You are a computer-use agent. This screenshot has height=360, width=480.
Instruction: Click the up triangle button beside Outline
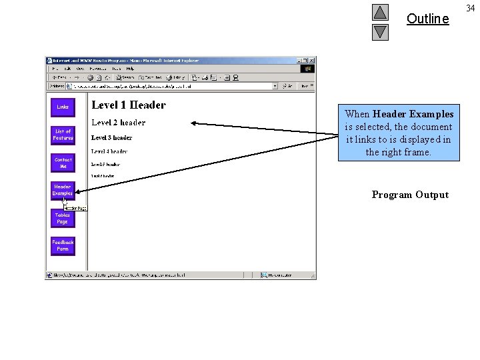coord(380,13)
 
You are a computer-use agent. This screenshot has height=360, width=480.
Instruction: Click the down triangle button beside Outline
coord(380,32)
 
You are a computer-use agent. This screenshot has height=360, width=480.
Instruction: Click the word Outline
coord(427,19)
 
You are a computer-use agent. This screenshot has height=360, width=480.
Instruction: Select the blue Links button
coord(63,107)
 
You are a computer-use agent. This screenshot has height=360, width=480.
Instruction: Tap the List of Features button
coord(63,135)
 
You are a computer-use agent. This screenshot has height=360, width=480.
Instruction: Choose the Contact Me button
coord(63,163)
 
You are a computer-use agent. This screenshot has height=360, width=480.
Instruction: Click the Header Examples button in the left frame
coord(63,190)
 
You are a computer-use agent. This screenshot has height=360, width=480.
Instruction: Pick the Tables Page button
coord(63,218)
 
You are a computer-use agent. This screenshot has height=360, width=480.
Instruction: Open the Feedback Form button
coord(63,245)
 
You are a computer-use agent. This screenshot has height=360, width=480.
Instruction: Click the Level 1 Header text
coord(129,105)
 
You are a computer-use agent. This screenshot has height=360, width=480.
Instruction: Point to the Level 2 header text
coord(118,123)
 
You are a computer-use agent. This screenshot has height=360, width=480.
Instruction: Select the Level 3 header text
coord(111,138)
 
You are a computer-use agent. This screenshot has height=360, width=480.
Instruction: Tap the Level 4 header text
coord(109,152)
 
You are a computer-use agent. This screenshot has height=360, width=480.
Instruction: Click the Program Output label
coord(410,195)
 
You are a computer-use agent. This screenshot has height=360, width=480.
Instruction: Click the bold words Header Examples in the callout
coord(413,114)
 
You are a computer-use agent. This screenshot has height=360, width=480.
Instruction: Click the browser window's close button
coord(312,61)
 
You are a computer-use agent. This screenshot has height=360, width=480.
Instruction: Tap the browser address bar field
coord(173,86)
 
